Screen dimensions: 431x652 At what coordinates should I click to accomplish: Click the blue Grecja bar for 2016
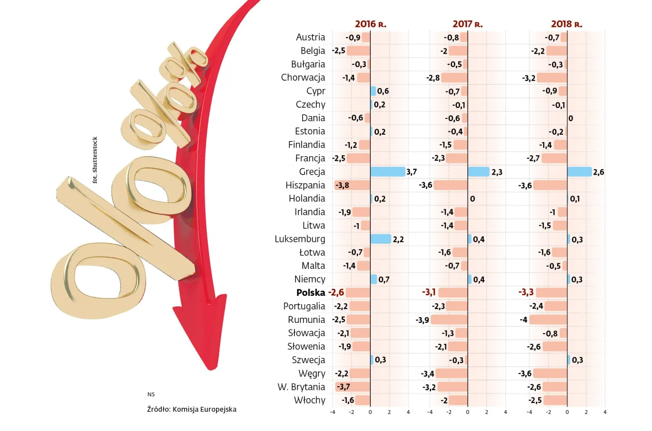tap(387, 171)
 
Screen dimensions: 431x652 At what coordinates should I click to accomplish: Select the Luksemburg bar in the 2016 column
tap(380, 239)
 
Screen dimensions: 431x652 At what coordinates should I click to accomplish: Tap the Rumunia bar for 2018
tap(548, 320)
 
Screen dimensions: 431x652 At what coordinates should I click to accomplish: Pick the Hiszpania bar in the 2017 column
tap(450, 185)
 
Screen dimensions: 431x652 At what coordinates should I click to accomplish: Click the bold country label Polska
tap(311, 293)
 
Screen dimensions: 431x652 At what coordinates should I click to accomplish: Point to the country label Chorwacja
tap(303, 77)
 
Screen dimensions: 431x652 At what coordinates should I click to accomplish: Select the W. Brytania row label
tap(301, 387)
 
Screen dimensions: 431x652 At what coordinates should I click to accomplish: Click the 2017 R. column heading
tap(467, 24)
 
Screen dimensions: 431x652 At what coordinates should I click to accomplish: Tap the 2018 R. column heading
tap(566, 24)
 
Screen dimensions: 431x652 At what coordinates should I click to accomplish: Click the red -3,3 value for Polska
tap(526, 292)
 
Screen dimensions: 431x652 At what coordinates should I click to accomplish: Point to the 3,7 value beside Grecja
tap(411, 172)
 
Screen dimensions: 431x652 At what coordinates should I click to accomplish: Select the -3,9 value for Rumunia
tap(422, 320)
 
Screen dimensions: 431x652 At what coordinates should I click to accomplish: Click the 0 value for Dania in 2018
tap(570, 118)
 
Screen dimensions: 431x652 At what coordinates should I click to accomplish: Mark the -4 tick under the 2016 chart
tap(333, 412)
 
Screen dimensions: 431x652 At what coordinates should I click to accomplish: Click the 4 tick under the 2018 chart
tap(605, 412)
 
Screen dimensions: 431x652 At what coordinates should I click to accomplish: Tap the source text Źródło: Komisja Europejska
tap(191, 409)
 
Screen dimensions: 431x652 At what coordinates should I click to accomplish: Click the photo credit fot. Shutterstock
tap(95, 160)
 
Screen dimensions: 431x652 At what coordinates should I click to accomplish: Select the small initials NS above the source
tap(151, 394)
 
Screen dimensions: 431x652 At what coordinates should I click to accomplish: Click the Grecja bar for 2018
tap(579, 171)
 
